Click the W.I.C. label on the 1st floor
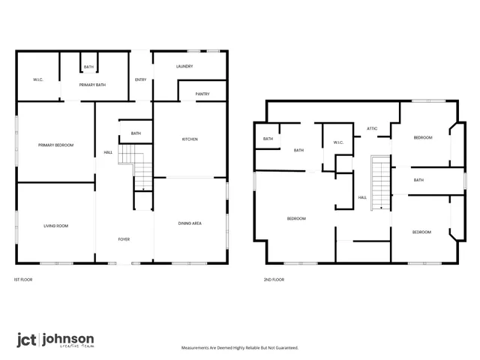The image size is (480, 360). [39, 79]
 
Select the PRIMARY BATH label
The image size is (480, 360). [92, 85]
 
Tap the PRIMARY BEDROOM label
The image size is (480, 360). [56, 145]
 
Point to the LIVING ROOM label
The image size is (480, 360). [55, 226]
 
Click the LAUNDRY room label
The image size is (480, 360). [184, 67]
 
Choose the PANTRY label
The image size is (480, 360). [202, 94]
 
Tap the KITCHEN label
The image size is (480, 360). [190, 139]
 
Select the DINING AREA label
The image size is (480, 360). [189, 223]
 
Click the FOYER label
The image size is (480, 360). [124, 239]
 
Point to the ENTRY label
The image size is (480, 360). [141, 80]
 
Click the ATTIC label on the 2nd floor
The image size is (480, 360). [372, 129]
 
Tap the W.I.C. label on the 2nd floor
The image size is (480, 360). [337, 142]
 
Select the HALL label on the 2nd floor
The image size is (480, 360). [362, 197]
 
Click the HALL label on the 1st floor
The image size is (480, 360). [108, 154]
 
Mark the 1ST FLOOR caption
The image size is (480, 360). [22, 280]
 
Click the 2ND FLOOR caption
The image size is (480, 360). [274, 280]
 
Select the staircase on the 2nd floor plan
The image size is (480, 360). [381, 181]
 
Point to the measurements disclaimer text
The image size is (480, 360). [240, 348]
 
